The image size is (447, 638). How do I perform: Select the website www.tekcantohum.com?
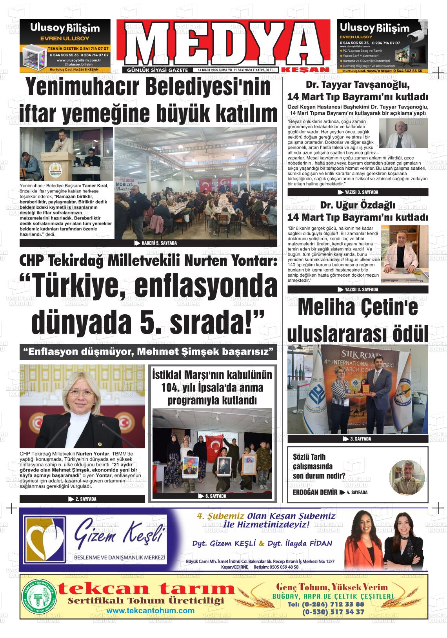click(150, 611)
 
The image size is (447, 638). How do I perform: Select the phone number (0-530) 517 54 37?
click(333, 611)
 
